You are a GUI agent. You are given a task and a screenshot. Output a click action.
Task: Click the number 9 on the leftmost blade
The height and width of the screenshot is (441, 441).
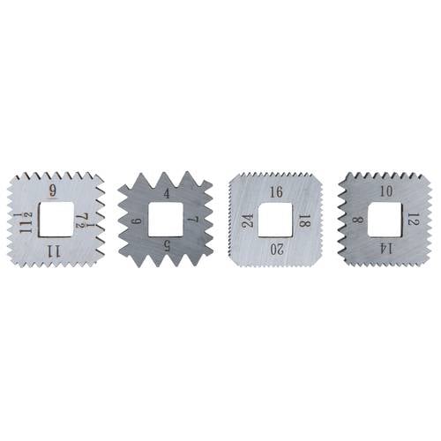pos(53,191)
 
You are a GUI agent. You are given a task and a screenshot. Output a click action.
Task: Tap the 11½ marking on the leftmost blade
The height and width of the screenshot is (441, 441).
pos(26,223)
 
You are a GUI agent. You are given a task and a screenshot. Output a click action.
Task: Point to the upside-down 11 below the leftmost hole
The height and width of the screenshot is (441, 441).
pos(54,252)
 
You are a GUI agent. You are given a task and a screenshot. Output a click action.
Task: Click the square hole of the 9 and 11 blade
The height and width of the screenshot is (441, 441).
pos(56,220)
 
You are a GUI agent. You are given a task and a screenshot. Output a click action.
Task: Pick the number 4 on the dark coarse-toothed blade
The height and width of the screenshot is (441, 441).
pos(167,193)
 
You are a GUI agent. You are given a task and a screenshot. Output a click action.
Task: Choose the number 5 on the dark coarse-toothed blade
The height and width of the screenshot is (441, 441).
pos(167,245)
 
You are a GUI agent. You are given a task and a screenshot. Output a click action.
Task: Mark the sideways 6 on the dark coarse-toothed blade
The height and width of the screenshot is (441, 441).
pos(138,220)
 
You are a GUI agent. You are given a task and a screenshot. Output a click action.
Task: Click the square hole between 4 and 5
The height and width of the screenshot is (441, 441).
pos(166,220)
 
